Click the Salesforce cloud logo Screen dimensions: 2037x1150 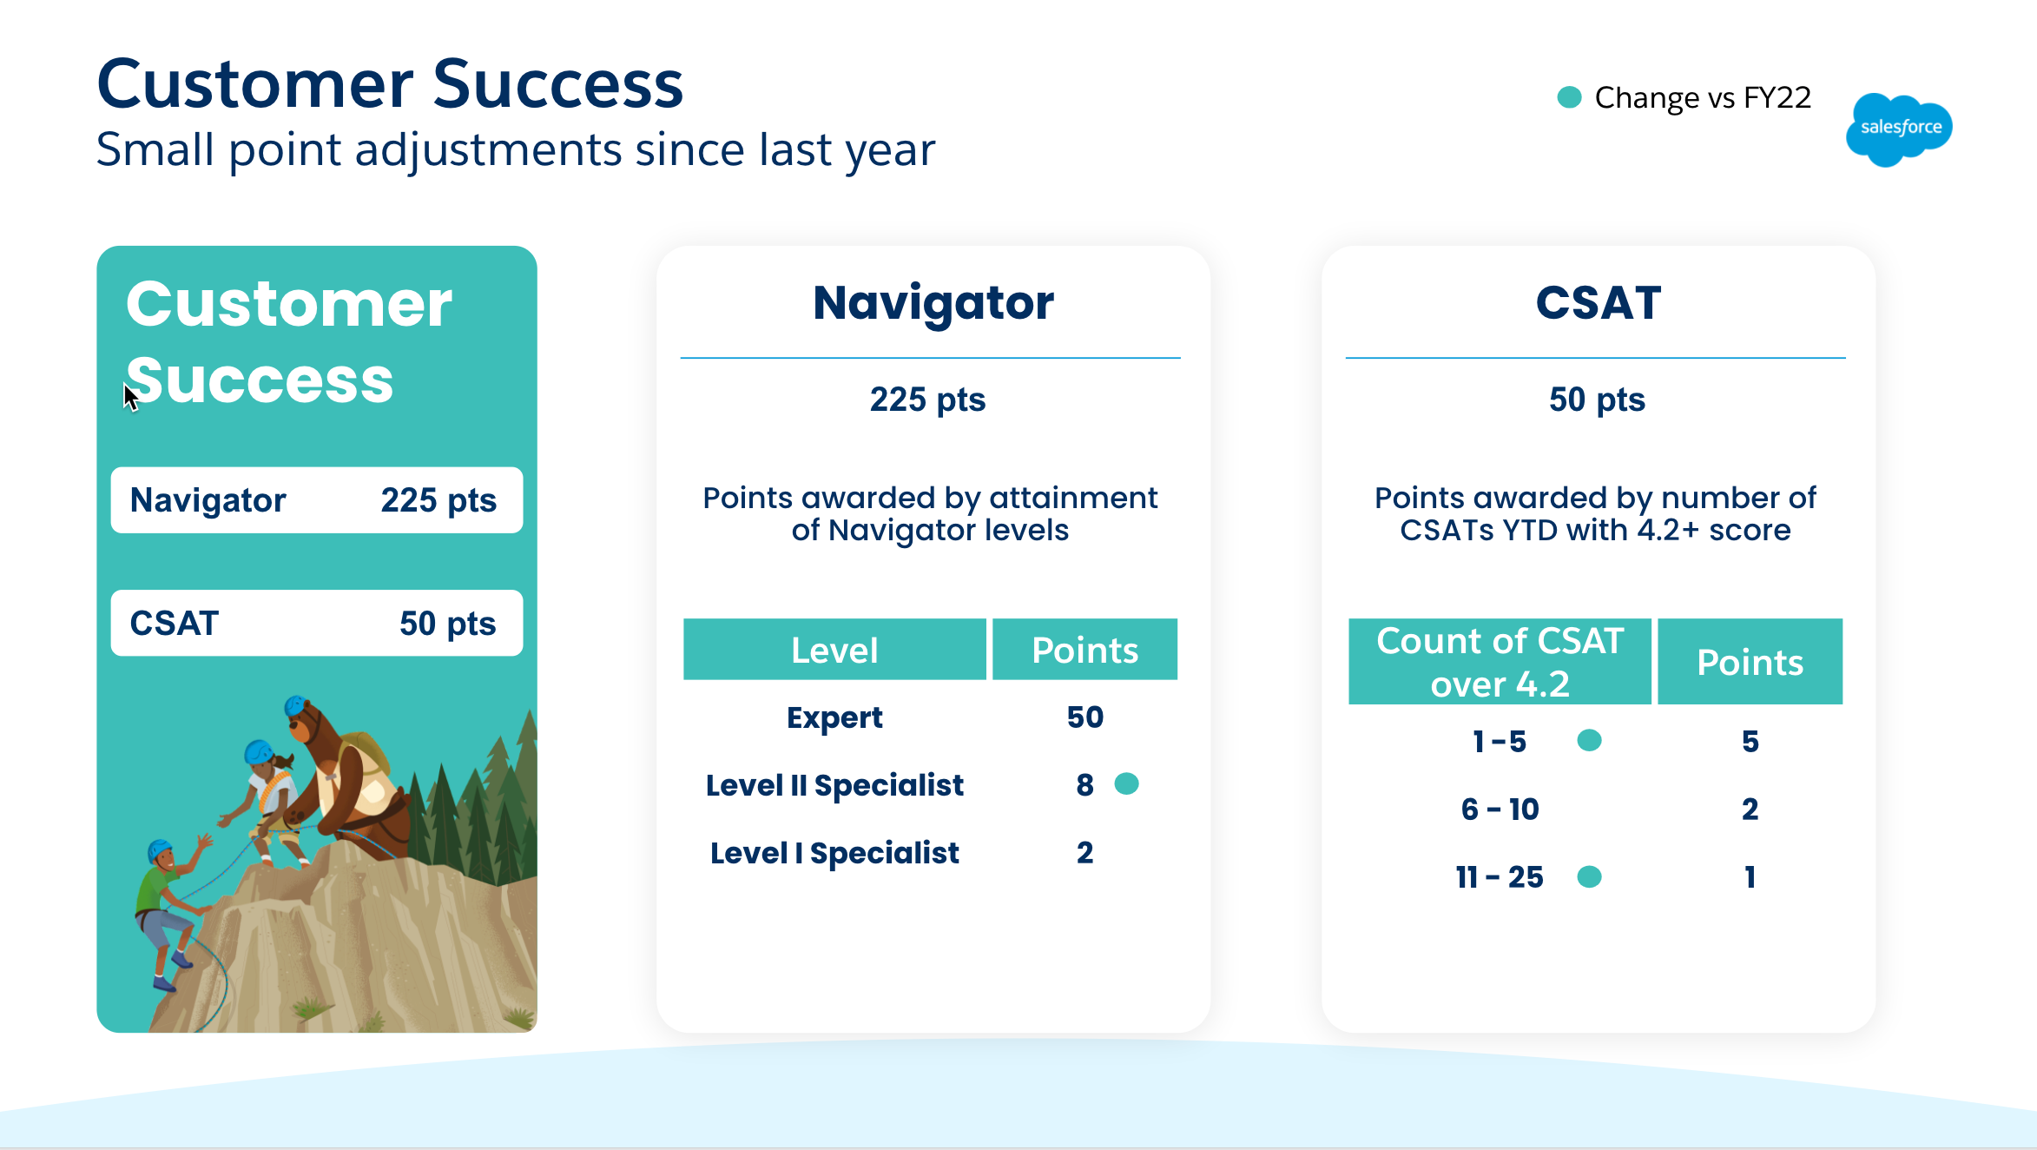1899,129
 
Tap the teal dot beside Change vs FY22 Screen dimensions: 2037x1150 1569,97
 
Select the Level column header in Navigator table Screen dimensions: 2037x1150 834,650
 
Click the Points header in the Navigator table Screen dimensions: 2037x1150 1084,650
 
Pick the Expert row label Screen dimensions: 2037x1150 834,717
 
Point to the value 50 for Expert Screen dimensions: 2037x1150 1084,717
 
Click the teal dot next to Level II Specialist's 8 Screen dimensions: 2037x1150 1126,783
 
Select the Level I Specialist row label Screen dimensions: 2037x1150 834,853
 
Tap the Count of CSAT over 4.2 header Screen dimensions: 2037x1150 1500,662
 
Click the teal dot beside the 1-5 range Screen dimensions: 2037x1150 1589,740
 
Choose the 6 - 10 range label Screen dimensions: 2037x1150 1500,810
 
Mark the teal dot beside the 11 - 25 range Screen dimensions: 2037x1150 1589,876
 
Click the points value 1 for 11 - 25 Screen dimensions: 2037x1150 1750,877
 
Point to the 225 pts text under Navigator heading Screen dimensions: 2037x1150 927,400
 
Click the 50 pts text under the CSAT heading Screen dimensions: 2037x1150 1597,400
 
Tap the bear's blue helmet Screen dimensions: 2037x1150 295,704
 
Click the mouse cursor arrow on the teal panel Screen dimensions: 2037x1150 130,398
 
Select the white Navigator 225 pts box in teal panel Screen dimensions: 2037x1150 317,500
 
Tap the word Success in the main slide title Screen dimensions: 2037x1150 558,84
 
